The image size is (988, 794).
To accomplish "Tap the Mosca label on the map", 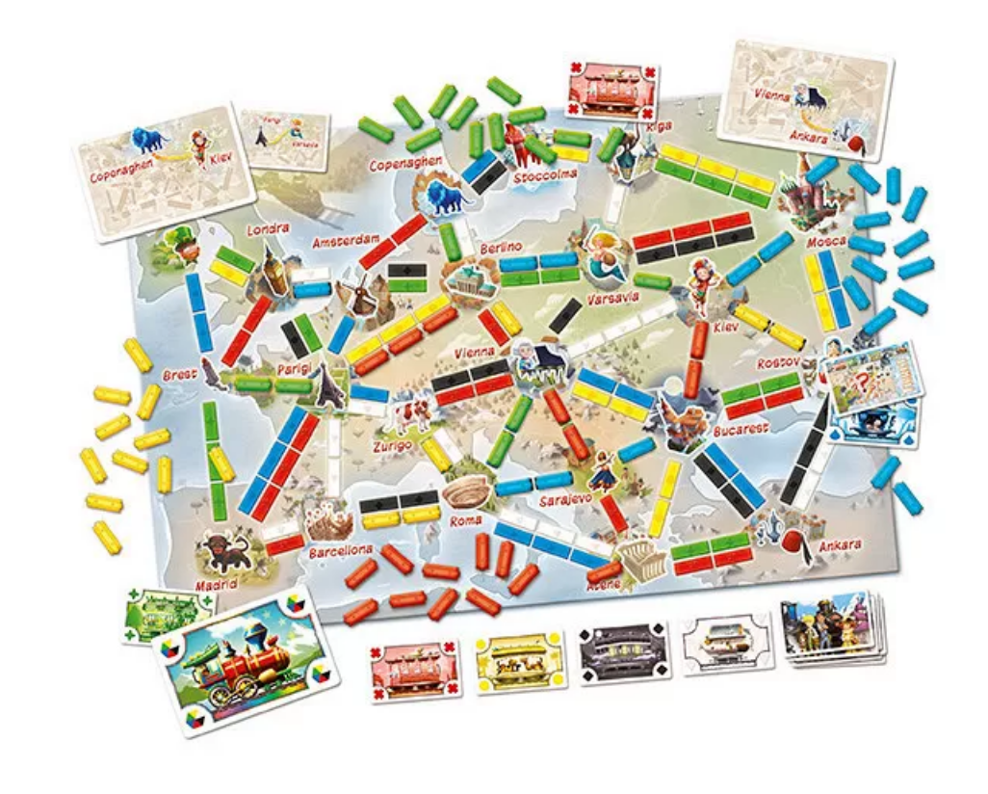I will pos(827,240).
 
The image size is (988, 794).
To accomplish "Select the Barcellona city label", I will pos(341,551).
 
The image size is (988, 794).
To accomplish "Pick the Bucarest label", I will pos(741,428).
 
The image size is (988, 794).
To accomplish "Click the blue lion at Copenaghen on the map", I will pos(441,195).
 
